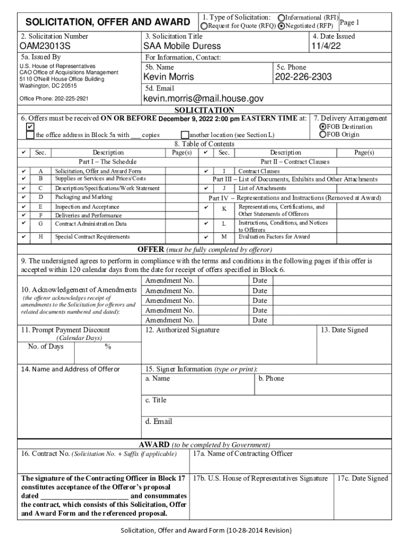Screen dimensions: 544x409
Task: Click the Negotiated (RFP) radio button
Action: [x=282, y=25]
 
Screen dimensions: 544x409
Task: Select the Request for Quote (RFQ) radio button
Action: [x=203, y=25]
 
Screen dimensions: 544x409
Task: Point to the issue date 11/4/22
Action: [x=326, y=46]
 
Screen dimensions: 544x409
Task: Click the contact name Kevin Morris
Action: [x=169, y=77]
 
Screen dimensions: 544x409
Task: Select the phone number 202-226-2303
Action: [x=303, y=77]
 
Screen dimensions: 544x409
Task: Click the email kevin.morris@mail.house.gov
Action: [x=203, y=99]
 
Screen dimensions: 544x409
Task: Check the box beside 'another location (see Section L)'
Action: [x=185, y=135]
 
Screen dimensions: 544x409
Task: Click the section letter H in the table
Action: [x=41, y=236]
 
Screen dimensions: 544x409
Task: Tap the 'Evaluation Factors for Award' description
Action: [x=274, y=237]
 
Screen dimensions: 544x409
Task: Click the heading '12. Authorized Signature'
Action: [x=182, y=330]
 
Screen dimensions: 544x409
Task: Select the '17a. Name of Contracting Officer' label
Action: [x=242, y=454]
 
